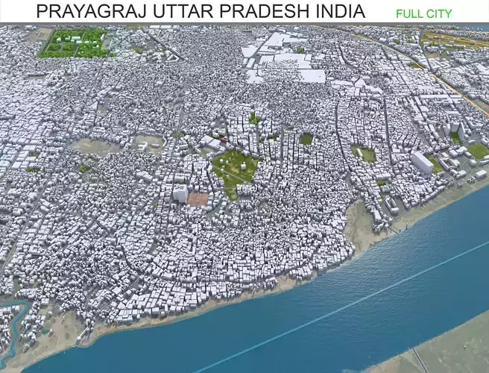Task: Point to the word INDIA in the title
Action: (340, 11)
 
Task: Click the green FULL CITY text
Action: (423, 13)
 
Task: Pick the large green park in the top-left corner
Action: (75, 43)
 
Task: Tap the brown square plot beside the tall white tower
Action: (198, 199)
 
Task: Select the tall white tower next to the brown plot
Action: (180, 193)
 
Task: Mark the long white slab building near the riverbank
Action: (421, 162)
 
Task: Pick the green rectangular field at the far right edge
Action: (478, 151)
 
